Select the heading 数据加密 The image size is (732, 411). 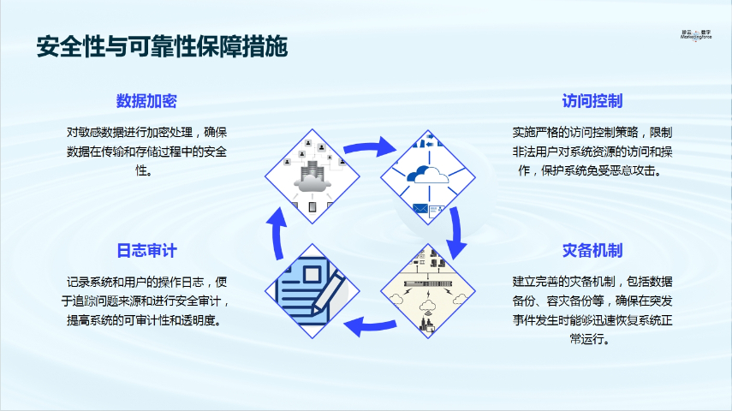pos(146,101)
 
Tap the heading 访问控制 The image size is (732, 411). pos(592,101)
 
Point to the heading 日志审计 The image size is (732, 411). pos(146,251)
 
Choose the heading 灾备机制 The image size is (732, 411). pos(592,251)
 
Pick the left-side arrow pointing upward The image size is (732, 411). pos(278,235)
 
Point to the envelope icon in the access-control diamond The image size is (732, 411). pos(420,208)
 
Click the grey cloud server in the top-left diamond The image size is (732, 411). pos(310,178)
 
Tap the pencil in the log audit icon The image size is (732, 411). pos(327,291)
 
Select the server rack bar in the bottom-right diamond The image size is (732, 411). pos(426,283)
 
